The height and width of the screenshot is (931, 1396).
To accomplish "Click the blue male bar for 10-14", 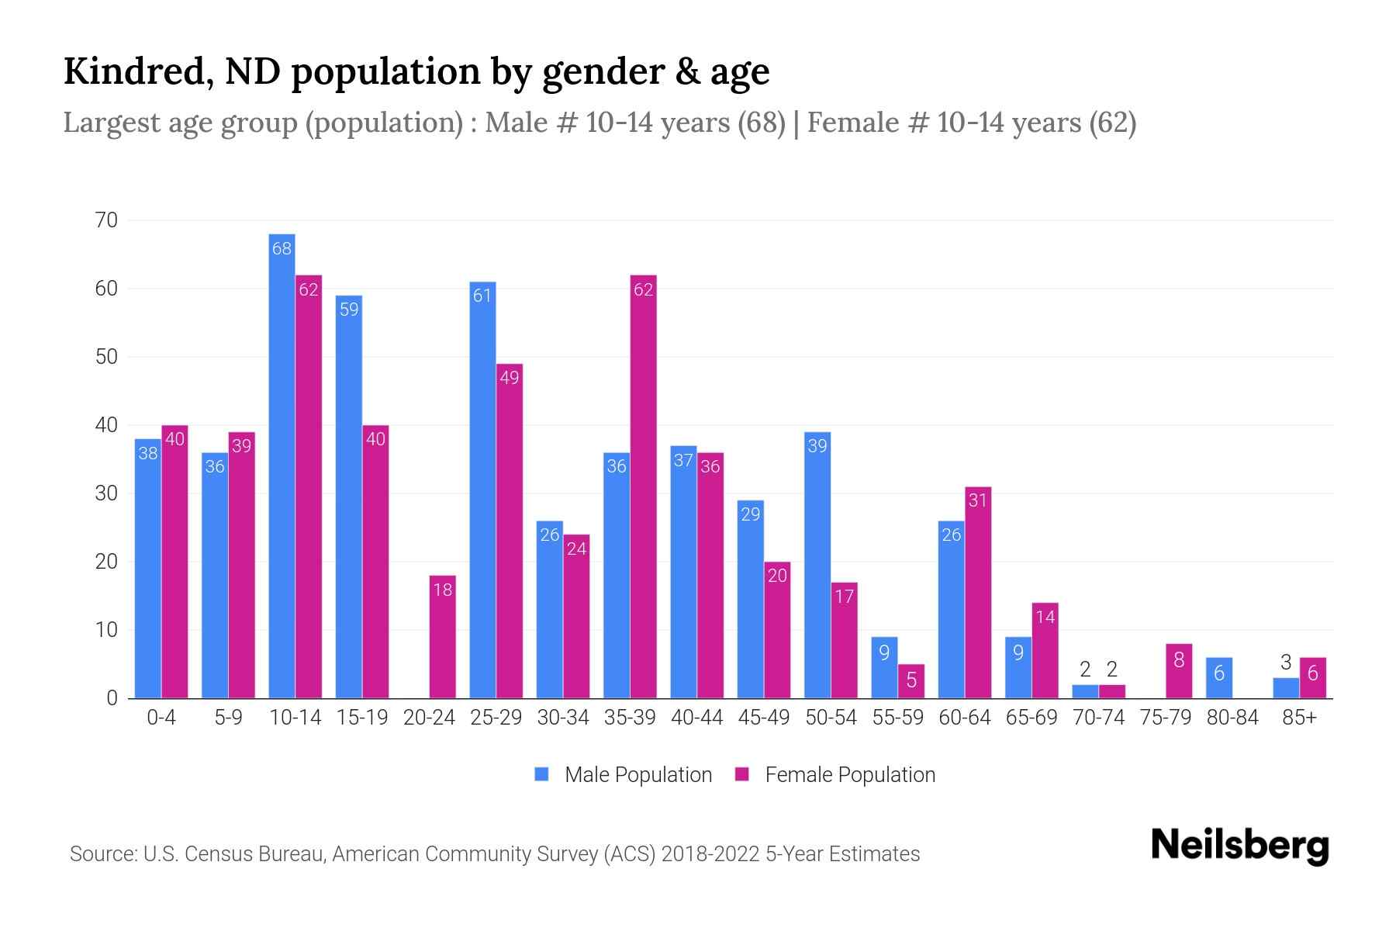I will click(x=282, y=465).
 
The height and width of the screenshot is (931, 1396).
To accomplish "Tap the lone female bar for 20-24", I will click(x=442, y=636).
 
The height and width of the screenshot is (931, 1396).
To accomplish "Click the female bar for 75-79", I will click(x=1178, y=671).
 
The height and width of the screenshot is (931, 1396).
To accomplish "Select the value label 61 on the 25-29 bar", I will click(x=482, y=296).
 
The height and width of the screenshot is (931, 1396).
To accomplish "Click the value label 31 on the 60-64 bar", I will click(x=977, y=500).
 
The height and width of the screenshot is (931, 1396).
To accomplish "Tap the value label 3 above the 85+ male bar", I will click(x=1285, y=663).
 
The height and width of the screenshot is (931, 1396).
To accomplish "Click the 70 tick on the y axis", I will click(x=107, y=220).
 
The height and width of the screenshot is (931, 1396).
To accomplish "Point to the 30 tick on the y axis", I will click(x=107, y=493).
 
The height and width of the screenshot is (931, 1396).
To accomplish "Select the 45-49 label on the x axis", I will click(x=763, y=718).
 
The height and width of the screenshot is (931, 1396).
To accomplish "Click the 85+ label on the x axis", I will click(x=1299, y=718).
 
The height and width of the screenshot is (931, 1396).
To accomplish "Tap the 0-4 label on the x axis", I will click(x=161, y=718).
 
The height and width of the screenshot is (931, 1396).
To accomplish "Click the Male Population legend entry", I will click(x=638, y=775).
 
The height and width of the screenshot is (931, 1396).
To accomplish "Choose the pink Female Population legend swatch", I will click(x=742, y=774).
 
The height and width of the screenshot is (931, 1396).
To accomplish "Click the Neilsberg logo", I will click(x=1239, y=845).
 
